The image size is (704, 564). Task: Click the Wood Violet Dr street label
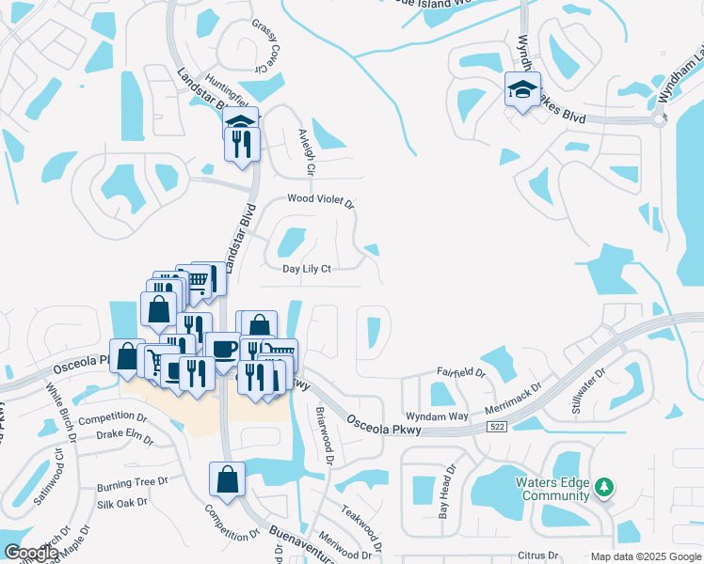click(320, 201)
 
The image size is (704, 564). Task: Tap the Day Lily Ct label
click(308, 269)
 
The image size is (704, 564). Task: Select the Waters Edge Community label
click(552, 490)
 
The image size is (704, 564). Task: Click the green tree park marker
click(604, 487)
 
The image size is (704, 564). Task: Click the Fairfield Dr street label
click(461, 373)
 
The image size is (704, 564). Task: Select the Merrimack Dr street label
click(514, 398)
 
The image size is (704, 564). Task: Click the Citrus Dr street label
click(537, 556)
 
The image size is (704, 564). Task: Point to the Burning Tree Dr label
click(132, 485)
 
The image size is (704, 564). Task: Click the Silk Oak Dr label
click(122, 503)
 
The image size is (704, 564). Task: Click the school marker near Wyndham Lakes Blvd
click(523, 89)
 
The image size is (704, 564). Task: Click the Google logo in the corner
click(31, 553)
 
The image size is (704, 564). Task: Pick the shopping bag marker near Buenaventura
click(227, 478)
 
